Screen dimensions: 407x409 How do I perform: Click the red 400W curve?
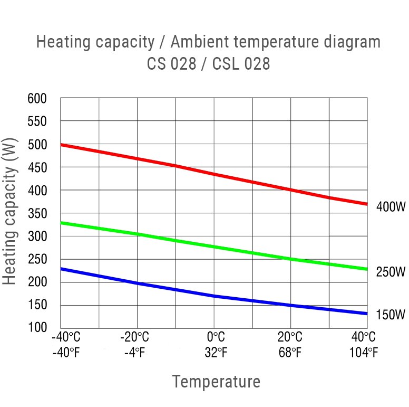click(x=214, y=174)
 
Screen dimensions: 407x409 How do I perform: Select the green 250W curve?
click(x=214, y=247)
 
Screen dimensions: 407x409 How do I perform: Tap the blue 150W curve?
click(x=214, y=296)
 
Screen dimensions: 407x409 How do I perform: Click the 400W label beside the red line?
click(x=391, y=207)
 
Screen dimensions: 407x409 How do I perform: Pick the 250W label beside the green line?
click(x=391, y=272)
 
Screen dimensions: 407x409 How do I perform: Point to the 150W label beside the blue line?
click(x=391, y=315)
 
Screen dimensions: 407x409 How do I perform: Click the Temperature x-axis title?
click(x=216, y=382)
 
